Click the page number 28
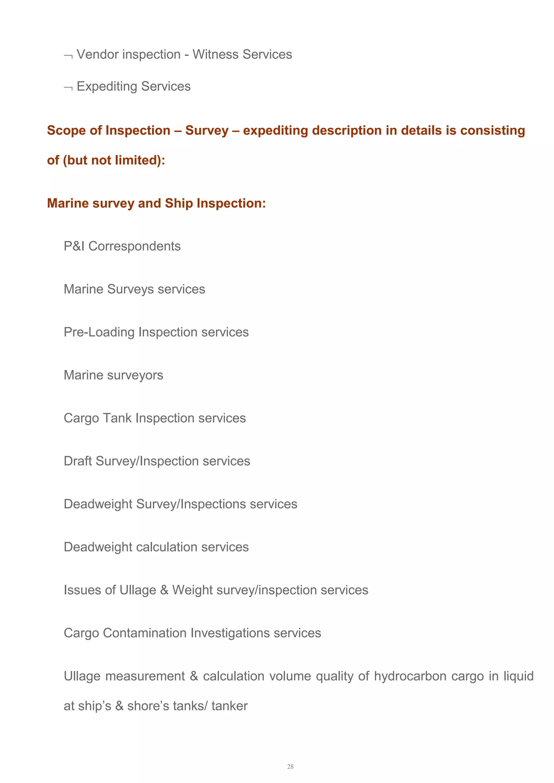pyautogui.click(x=290, y=766)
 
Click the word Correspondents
pyautogui.click(x=134, y=246)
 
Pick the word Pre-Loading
pyautogui.click(x=99, y=332)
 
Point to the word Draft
pyautogui.click(x=78, y=461)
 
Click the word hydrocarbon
pyautogui.click(x=410, y=676)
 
